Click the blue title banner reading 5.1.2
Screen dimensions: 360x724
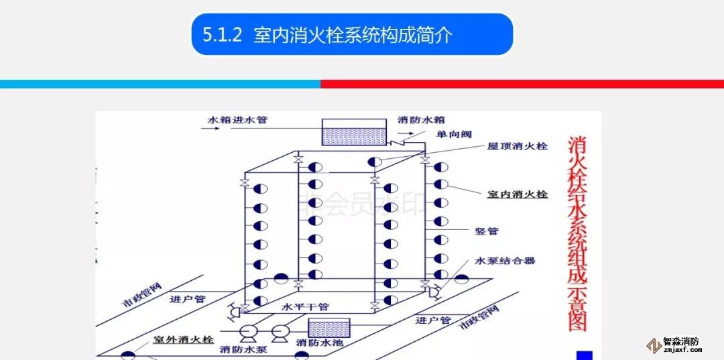(x=352, y=34)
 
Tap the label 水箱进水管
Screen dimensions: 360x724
(x=237, y=120)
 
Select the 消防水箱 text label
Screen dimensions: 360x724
(x=421, y=120)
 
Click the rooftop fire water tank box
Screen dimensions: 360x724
(x=353, y=132)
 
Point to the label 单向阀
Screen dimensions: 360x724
(x=451, y=135)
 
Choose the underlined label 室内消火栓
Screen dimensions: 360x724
(x=516, y=194)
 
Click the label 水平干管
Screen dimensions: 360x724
(x=305, y=306)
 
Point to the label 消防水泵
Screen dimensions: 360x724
(x=242, y=349)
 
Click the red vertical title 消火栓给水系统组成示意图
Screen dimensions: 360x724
(x=577, y=234)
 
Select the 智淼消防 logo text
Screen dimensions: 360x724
(x=681, y=341)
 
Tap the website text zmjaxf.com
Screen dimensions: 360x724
(x=681, y=350)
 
